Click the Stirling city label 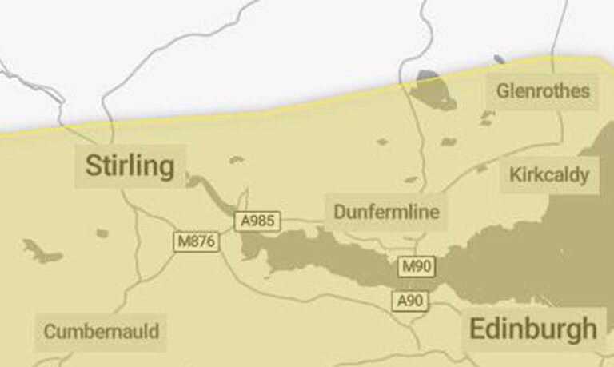point(130,166)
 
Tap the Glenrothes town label point(543,90)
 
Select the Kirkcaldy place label point(549,174)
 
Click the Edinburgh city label point(532,329)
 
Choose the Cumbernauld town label point(101,331)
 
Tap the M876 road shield point(196,241)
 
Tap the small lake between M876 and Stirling point(102,233)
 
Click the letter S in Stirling point(93,166)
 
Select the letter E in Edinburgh point(477,329)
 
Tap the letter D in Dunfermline point(340,212)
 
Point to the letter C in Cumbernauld point(50,331)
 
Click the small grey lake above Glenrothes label point(499,59)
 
